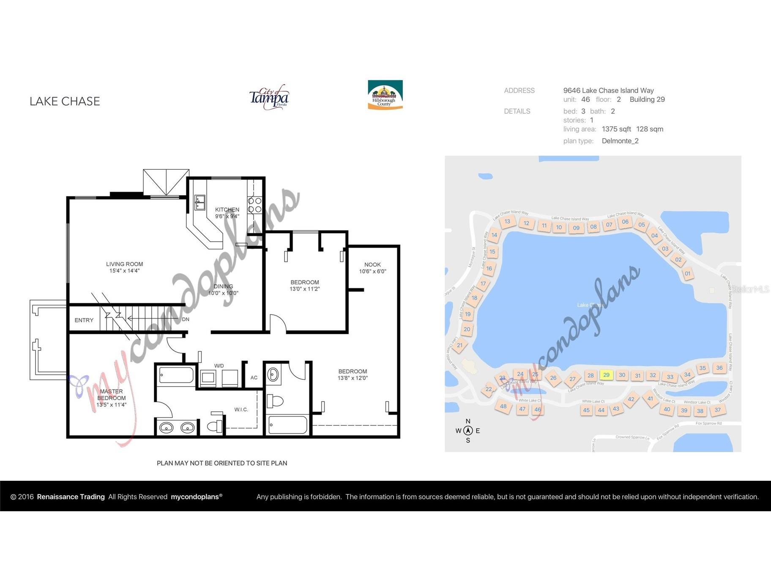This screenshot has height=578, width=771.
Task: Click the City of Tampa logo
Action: coord(269,98)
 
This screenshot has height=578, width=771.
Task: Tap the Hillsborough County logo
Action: coord(385,95)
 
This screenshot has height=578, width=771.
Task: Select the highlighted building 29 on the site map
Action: coord(606,375)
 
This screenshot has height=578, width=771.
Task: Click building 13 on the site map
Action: coord(507,221)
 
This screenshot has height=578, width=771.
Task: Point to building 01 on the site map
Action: coord(688,273)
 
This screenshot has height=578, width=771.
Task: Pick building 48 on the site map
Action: coord(503,406)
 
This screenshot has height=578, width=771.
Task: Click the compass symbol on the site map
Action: coord(468,431)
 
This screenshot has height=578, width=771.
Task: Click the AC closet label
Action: coord(254,377)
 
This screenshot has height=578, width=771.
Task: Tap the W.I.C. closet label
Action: coord(241,409)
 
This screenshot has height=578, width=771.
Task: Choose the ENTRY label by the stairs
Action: coord(84,320)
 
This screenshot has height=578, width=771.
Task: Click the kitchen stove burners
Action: coord(254,205)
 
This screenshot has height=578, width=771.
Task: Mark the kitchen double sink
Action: coord(200,202)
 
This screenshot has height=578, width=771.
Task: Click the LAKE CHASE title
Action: coord(65,101)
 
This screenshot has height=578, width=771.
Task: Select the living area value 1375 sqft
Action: coord(616,129)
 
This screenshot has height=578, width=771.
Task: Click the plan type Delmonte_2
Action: coord(620,141)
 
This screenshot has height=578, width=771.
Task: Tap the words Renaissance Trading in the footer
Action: coord(71,497)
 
